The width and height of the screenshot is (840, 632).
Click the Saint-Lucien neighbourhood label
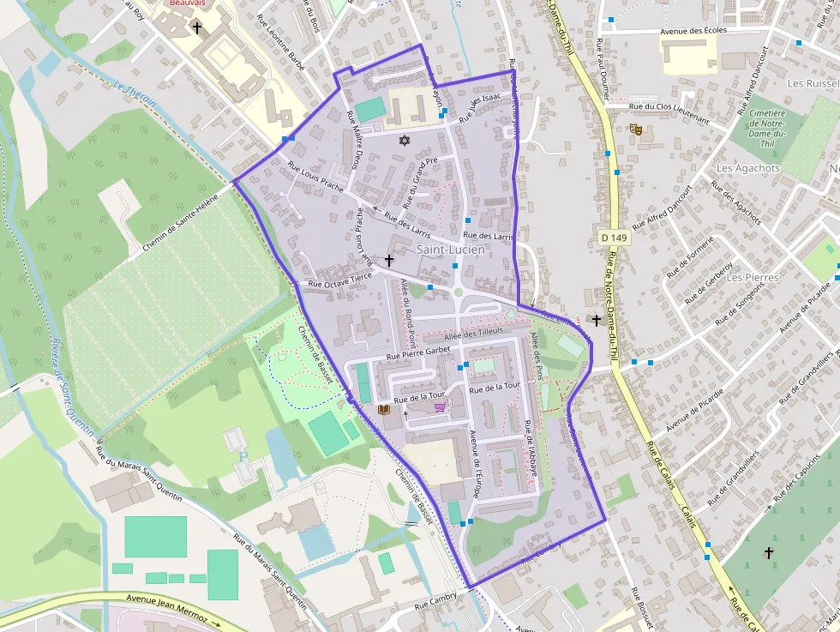[450, 250]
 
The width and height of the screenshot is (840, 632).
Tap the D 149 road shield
[613, 238]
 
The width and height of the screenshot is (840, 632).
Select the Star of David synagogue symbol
[404, 140]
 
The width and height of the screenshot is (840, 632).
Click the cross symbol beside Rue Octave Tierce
[389, 259]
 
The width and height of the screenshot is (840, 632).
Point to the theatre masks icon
[635, 129]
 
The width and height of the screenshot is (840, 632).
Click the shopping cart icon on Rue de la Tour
[440, 407]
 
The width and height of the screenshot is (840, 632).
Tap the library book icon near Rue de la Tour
[383, 410]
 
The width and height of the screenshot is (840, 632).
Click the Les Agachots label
[747, 168]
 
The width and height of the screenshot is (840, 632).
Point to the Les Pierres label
[752, 278]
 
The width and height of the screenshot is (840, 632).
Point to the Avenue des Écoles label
[693, 32]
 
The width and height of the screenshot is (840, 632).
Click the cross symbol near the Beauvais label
[197, 28]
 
